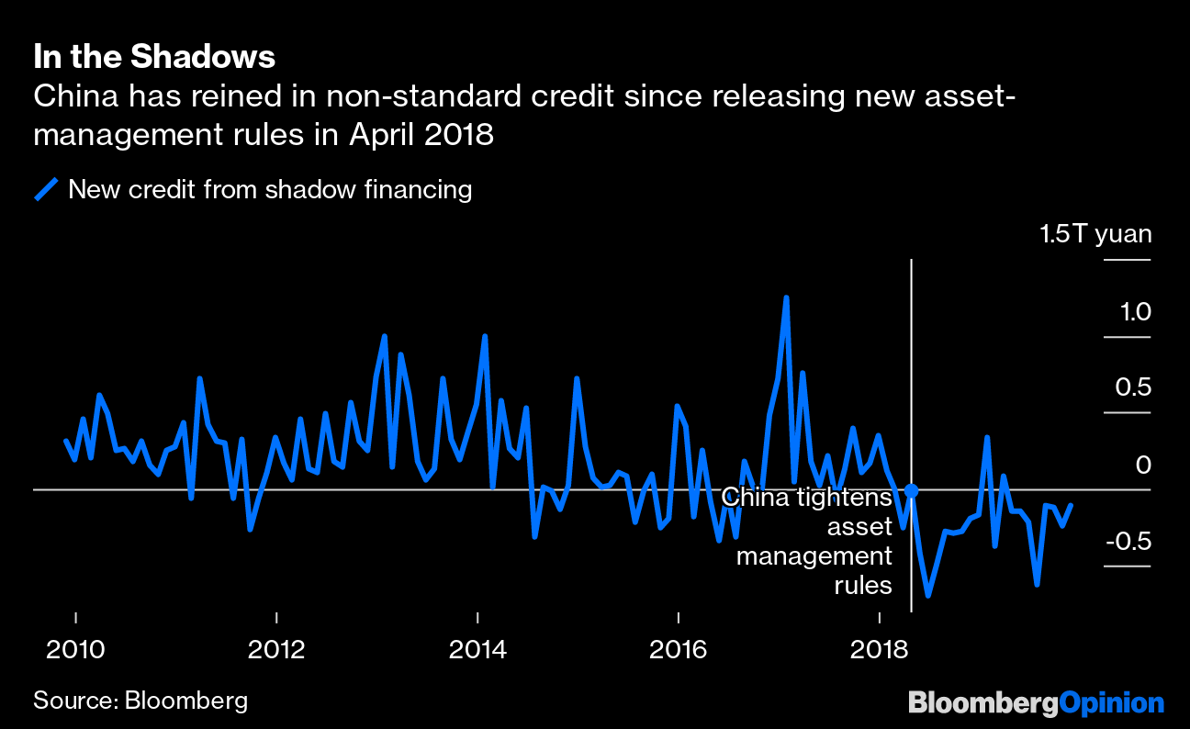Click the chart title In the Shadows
click(x=154, y=57)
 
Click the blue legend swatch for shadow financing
click(x=47, y=190)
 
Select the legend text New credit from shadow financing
click(x=270, y=190)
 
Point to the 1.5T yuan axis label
click(x=1095, y=234)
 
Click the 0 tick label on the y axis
click(x=1143, y=465)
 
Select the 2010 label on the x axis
click(x=75, y=650)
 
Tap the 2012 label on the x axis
click(x=276, y=650)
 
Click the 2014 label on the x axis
click(x=477, y=650)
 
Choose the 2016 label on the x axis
click(x=678, y=650)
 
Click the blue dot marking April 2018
click(x=911, y=490)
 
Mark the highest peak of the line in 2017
click(x=786, y=298)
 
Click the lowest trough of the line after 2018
click(x=928, y=595)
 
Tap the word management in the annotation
click(x=814, y=556)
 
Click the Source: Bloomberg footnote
click(x=140, y=701)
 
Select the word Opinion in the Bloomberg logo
click(x=1112, y=703)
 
